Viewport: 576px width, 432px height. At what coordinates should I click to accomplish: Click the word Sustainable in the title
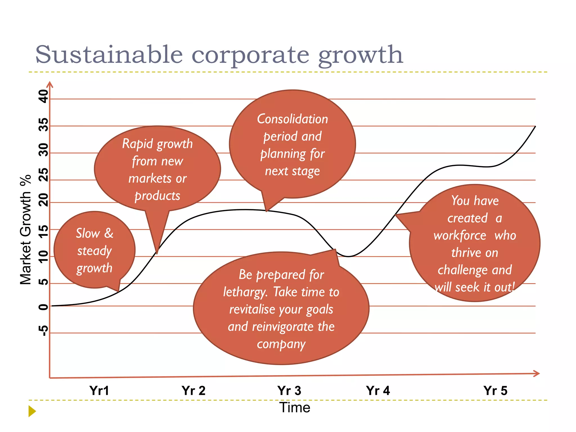(x=109, y=55)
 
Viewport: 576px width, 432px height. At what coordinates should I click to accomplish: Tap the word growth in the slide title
(x=361, y=55)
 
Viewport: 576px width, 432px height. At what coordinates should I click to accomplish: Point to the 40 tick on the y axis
(x=44, y=96)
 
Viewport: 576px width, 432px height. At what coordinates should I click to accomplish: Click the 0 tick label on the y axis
(x=44, y=307)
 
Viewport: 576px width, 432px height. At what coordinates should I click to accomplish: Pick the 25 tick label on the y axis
(x=44, y=175)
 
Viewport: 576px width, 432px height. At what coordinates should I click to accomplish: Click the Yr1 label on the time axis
(x=99, y=391)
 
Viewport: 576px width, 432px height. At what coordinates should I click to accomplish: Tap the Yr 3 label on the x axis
(x=289, y=391)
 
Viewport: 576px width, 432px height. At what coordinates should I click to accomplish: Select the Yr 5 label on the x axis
(x=495, y=391)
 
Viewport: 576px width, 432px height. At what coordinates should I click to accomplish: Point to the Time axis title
(x=294, y=408)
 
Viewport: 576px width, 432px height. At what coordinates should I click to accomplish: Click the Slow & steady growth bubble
(x=94, y=250)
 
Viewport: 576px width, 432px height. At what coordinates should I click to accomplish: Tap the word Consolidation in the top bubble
(x=292, y=119)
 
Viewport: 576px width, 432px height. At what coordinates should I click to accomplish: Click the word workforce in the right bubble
(x=460, y=236)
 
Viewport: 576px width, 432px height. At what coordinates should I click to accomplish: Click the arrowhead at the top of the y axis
(x=50, y=84)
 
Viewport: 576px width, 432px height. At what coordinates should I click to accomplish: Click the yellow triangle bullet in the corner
(x=32, y=411)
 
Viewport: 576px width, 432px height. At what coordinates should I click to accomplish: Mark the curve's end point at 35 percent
(x=535, y=127)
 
